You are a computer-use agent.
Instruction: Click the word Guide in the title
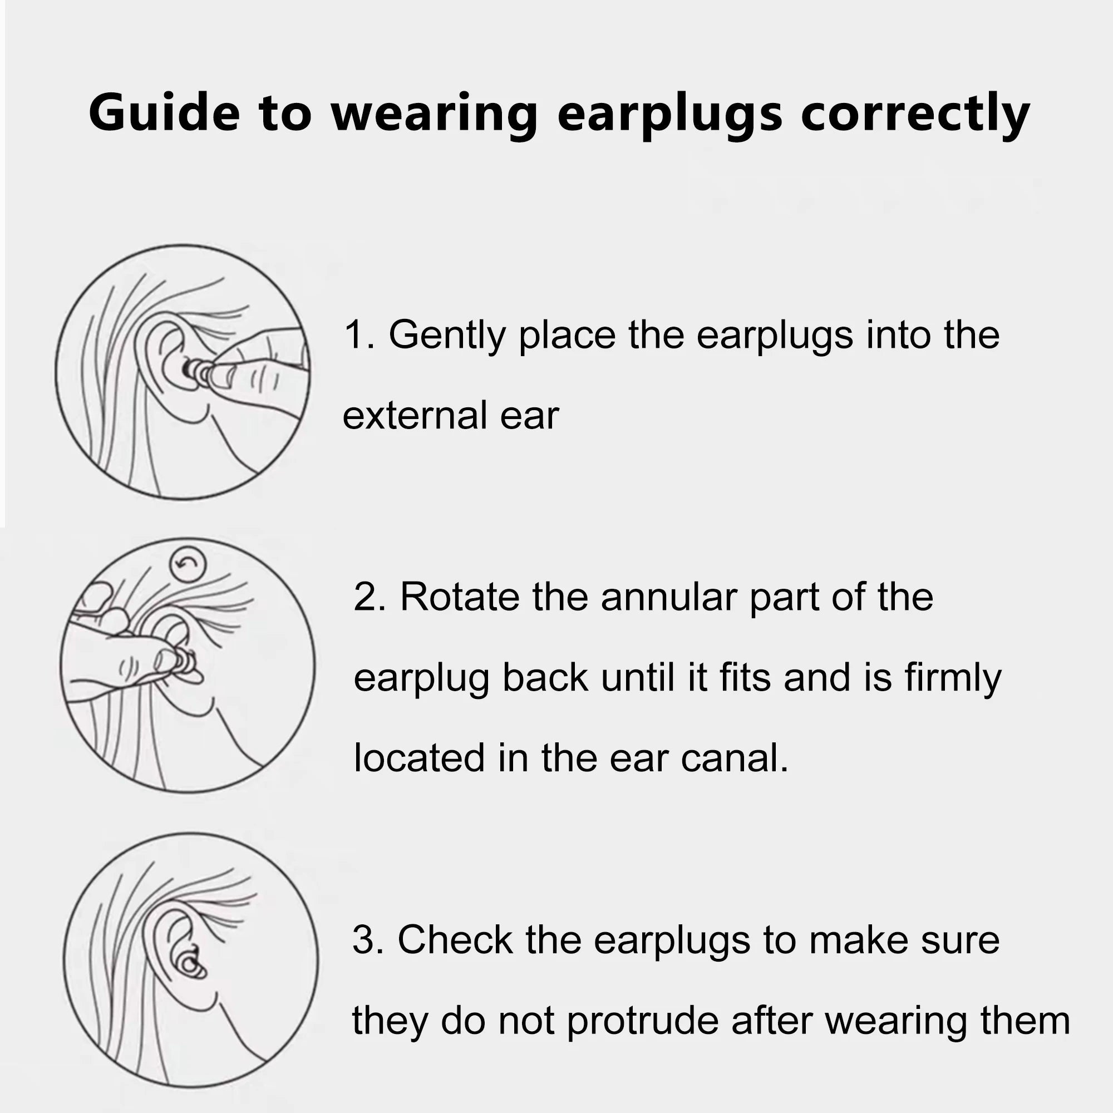click(x=164, y=112)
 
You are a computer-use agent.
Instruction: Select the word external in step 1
click(x=414, y=416)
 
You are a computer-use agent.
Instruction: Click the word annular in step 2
click(x=668, y=597)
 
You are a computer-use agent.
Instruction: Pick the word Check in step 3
click(x=455, y=940)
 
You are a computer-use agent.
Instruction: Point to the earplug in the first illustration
click(x=195, y=370)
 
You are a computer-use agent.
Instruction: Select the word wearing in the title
click(x=435, y=114)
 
